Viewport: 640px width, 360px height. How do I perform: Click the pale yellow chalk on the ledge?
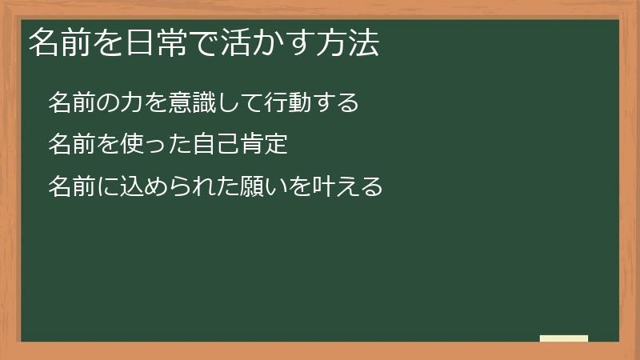click(564, 338)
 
